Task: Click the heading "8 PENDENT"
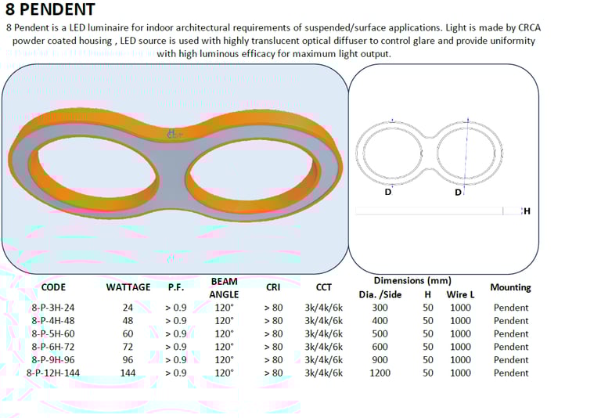pos(50,9)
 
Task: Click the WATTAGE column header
pos(128,287)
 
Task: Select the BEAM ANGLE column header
pos(224,288)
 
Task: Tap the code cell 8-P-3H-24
pos(53,308)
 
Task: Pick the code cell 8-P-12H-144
pos(53,373)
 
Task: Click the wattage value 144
pos(128,373)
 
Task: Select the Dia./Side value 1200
pos(380,373)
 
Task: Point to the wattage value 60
pos(128,333)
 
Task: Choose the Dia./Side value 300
pos(380,308)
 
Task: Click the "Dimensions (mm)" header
pos(412,281)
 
